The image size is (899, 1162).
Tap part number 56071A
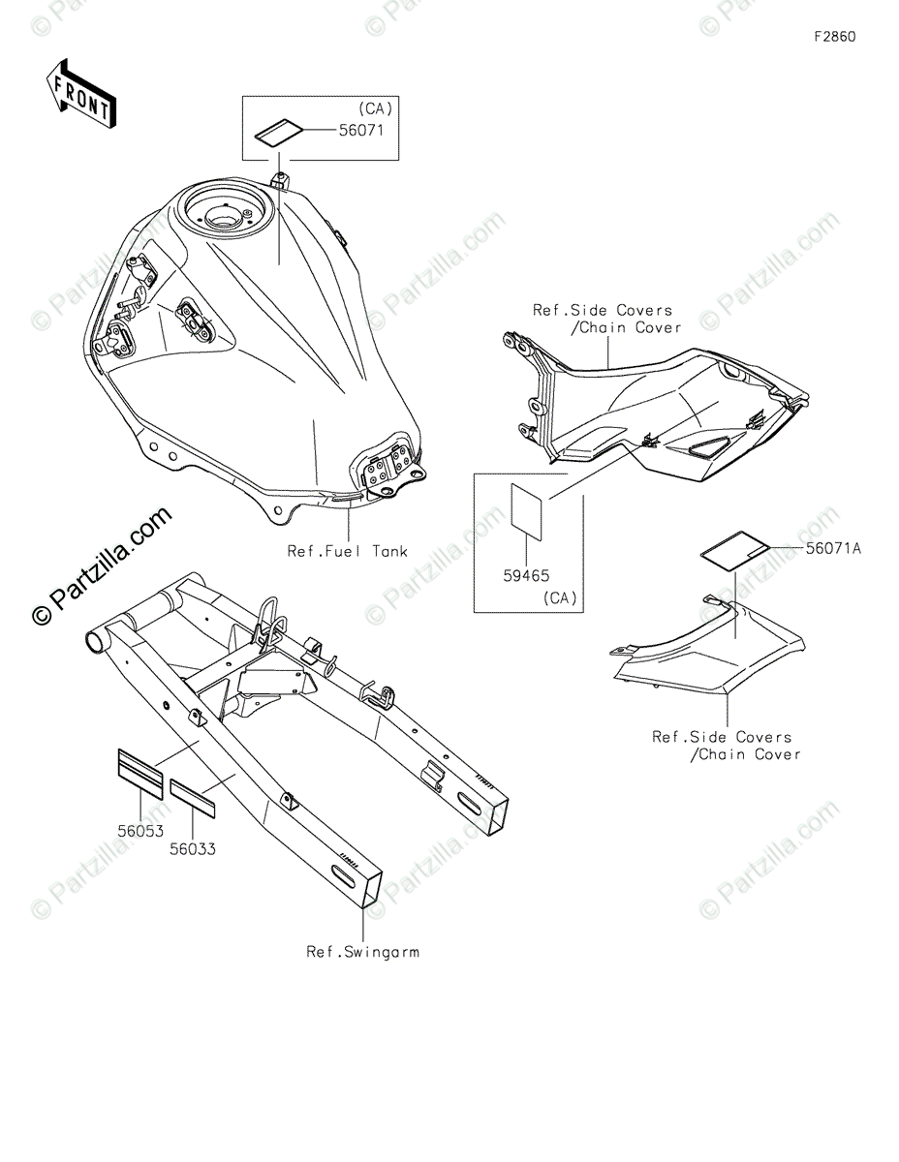point(832,549)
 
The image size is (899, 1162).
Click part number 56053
point(141,831)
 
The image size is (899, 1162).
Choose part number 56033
point(192,849)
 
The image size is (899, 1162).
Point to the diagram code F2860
point(834,38)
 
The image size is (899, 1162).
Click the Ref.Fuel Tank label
point(347,552)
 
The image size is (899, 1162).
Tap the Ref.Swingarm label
point(362,952)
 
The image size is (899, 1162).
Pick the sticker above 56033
point(195,792)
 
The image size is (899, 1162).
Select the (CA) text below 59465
point(560,598)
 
